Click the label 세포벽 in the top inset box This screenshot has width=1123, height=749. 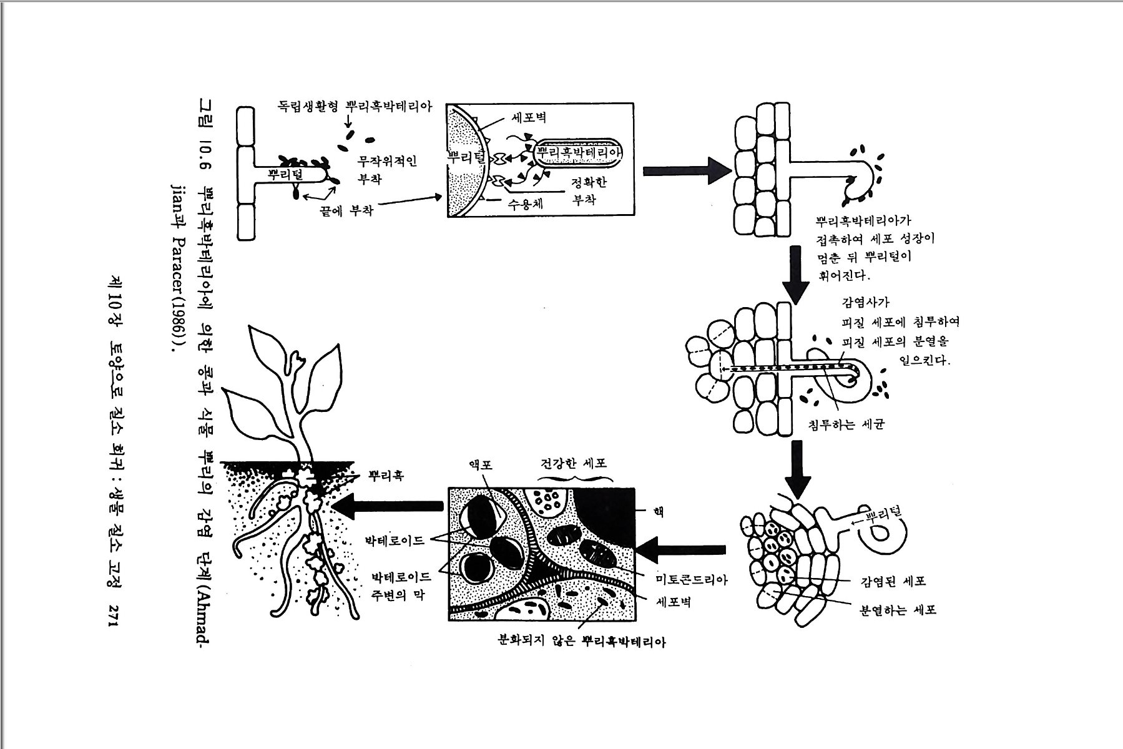coord(529,117)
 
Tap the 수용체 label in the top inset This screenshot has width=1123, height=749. coord(525,203)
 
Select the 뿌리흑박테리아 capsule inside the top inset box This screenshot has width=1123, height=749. coord(579,153)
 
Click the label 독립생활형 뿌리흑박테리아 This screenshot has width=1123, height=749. coord(354,105)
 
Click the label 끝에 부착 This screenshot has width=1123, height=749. coord(346,210)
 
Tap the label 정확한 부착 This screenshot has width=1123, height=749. coord(589,191)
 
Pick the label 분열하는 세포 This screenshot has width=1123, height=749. coord(898,610)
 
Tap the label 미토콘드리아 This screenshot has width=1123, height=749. coord(691,579)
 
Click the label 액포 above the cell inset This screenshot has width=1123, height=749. coord(481,465)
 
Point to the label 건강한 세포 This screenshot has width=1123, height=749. coord(573,464)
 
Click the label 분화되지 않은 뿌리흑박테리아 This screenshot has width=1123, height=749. coord(581,641)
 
